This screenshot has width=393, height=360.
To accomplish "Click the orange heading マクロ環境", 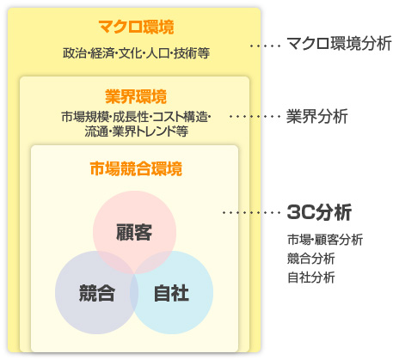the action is click(x=136, y=27).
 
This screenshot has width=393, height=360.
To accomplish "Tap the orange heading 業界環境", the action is click(x=136, y=96).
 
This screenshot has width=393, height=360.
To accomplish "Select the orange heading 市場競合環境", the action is click(x=136, y=168).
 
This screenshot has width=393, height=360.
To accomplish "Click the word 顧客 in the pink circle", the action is click(x=134, y=232).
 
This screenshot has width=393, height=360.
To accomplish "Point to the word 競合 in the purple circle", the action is click(x=97, y=293).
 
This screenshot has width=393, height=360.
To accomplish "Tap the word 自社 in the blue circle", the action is click(x=171, y=293).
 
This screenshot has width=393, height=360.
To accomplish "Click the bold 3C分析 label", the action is click(x=319, y=212).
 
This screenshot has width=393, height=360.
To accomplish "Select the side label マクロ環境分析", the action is click(x=339, y=44).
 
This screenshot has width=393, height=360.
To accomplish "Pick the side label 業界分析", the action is click(x=317, y=116).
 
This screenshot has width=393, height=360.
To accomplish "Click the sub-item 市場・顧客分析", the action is click(x=325, y=240).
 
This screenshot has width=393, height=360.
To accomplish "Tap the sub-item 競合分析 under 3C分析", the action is click(x=311, y=259).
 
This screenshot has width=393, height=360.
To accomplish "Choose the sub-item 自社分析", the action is click(x=311, y=278).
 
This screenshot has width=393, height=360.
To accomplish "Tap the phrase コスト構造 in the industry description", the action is click(x=180, y=117).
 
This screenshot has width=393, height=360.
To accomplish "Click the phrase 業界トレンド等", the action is click(x=150, y=131).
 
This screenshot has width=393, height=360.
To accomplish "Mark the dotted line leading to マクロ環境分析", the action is click(x=266, y=46).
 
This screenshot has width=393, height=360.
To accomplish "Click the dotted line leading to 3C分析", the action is click(x=252, y=212).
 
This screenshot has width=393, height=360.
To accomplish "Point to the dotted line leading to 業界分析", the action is click(x=255, y=116).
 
